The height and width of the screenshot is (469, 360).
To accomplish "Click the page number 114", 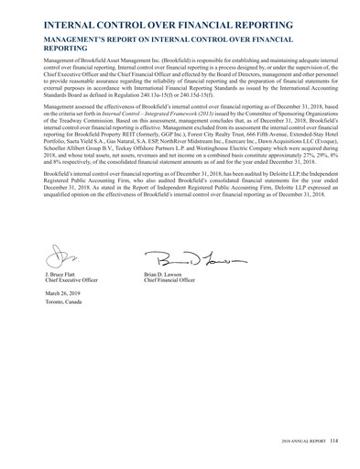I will pos(334,443).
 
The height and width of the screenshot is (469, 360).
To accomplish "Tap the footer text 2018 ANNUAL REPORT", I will pos(300,443).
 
